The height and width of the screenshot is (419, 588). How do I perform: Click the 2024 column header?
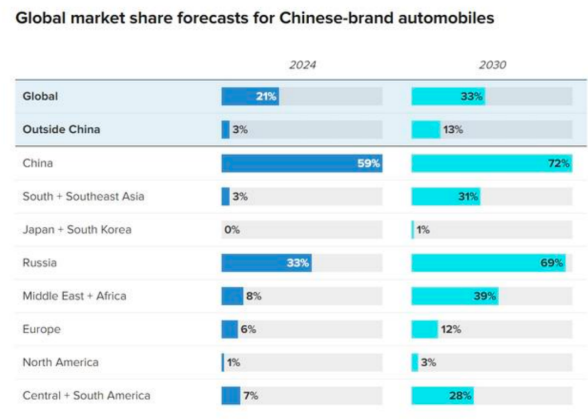coord(302,65)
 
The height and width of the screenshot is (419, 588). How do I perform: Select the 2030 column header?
coord(492,65)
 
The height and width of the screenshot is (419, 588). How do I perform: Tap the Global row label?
coord(40,97)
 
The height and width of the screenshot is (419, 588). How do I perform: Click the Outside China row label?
coord(61,130)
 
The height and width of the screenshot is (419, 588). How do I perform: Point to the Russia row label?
coord(39,263)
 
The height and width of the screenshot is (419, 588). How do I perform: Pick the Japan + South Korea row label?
coord(77,230)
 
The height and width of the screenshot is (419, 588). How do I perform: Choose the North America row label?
coord(60,362)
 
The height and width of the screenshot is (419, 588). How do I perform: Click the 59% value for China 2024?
coord(369,163)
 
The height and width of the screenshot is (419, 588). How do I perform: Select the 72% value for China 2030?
coord(559,163)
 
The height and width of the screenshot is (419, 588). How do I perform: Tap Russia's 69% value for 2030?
coord(552,263)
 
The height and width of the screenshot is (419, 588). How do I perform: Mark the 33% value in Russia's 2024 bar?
coord(298,263)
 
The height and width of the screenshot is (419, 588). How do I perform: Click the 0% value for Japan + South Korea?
coord(232,230)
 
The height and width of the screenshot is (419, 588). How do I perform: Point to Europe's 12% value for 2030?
coord(451,329)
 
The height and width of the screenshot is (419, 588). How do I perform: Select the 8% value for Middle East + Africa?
coord(253,297)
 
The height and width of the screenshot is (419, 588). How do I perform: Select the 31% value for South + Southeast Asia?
coord(468,196)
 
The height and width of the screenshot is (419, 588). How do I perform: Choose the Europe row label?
coord(41,329)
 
